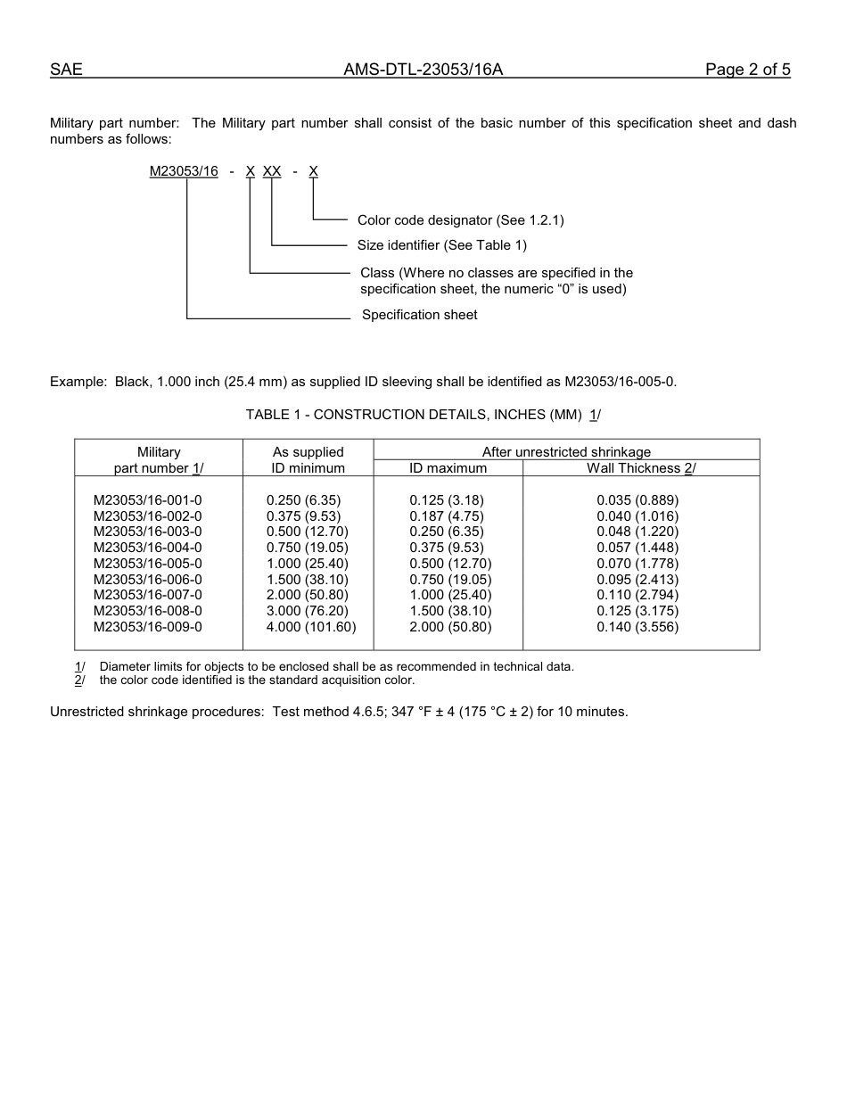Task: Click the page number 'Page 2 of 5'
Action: coord(747,70)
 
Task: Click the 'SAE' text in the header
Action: coord(66,70)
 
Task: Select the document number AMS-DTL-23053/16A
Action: coord(423,70)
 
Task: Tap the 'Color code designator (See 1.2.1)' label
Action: coord(460,220)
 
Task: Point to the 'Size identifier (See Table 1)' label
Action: coord(442,245)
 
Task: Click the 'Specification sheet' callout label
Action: coord(419,315)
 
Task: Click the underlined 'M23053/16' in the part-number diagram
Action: coord(184,171)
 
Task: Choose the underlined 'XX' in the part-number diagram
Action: coord(272,171)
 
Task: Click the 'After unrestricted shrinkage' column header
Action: coord(566,452)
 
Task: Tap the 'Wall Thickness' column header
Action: coord(640,468)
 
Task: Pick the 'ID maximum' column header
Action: coord(448,468)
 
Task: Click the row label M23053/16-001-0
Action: coord(148,500)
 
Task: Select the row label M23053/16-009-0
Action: coord(148,627)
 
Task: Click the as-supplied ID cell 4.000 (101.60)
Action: coord(311,627)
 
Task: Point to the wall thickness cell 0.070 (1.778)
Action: coord(637,564)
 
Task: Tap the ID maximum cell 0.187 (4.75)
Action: coord(447,516)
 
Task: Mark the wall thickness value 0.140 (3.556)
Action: coord(637,627)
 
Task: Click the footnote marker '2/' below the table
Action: coord(79,680)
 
